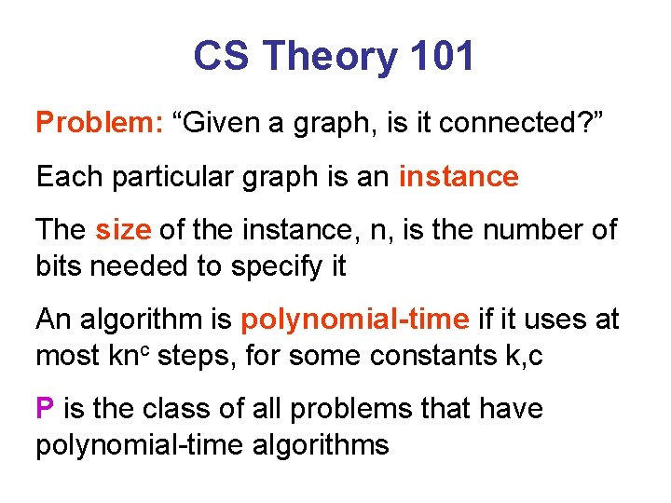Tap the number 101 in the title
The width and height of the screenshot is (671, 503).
[440, 58]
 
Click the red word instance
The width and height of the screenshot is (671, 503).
[459, 176]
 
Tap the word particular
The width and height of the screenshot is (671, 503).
[172, 176]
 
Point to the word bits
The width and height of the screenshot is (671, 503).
[59, 265]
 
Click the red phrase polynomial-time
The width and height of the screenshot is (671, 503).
[354, 319]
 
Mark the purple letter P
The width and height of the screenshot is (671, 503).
[45, 408]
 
